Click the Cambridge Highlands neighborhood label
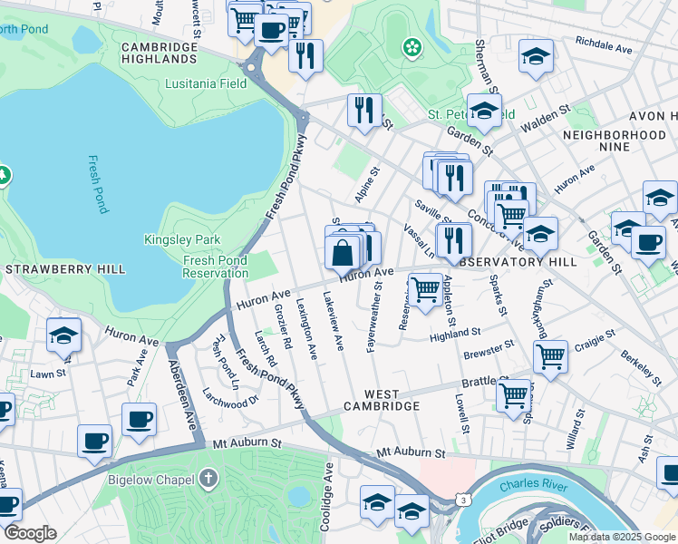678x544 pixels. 160,53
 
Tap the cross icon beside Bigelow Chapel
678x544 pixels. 209,477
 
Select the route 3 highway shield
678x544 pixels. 462,499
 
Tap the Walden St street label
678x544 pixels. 545,118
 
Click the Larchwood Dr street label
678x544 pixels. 230,399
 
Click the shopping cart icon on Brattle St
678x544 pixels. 514,394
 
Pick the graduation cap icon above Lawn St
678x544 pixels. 64,335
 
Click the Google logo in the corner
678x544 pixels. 29,533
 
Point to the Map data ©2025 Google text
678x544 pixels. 621,537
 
